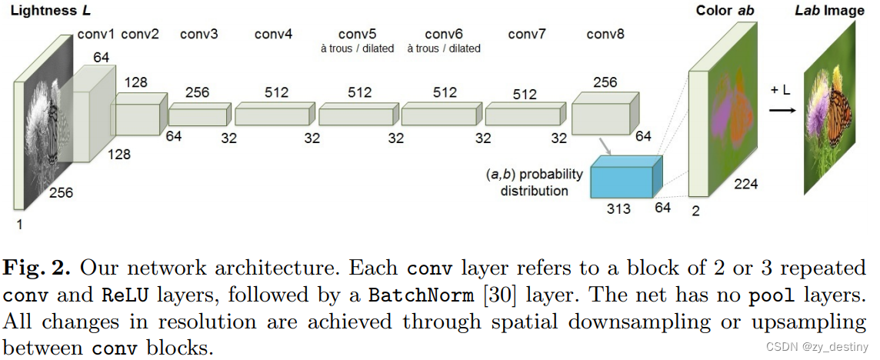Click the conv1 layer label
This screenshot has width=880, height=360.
pyautogui.click(x=97, y=34)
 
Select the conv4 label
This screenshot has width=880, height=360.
pyautogui.click(x=274, y=34)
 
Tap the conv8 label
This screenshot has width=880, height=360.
pyautogui.click(x=606, y=34)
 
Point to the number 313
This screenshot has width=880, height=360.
pyautogui.click(x=618, y=209)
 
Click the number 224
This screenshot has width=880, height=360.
pyautogui.click(x=746, y=184)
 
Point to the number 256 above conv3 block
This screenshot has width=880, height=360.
pyautogui.click(x=197, y=92)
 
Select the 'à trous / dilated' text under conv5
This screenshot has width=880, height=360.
pyautogui.click(x=357, y=48)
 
